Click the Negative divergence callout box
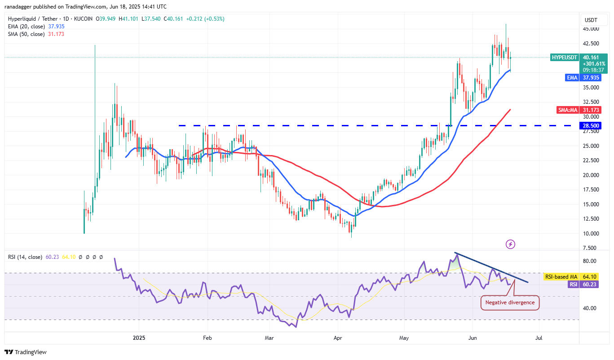click(510, 302)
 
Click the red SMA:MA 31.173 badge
click(583, 110)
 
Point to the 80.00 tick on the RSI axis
click(589, 261)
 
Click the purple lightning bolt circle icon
click(510, 244)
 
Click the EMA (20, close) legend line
click(36, 27)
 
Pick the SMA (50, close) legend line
click(36, 34)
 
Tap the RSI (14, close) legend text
click(25, 257)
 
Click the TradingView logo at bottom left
click(26, 352)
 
